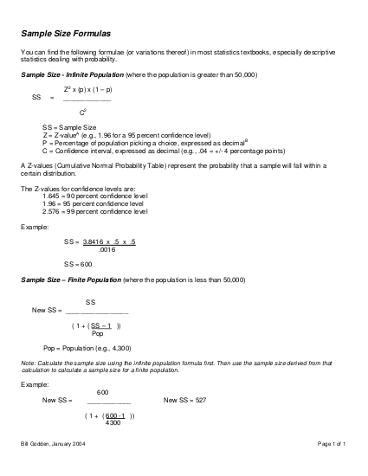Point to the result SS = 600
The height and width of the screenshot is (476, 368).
[x=78, y=263]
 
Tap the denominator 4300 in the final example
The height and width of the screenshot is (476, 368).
[x=113, y=422]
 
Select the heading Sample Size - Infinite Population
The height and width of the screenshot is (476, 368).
[x=72, y=76]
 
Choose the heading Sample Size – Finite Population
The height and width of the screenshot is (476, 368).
[x=70, y=281]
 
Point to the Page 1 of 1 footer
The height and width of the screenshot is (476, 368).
[x=332, y=444]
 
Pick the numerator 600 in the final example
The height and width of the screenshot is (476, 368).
[x=102, y=392]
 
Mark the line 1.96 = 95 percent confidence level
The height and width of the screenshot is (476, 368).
[x=94, y=203]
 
